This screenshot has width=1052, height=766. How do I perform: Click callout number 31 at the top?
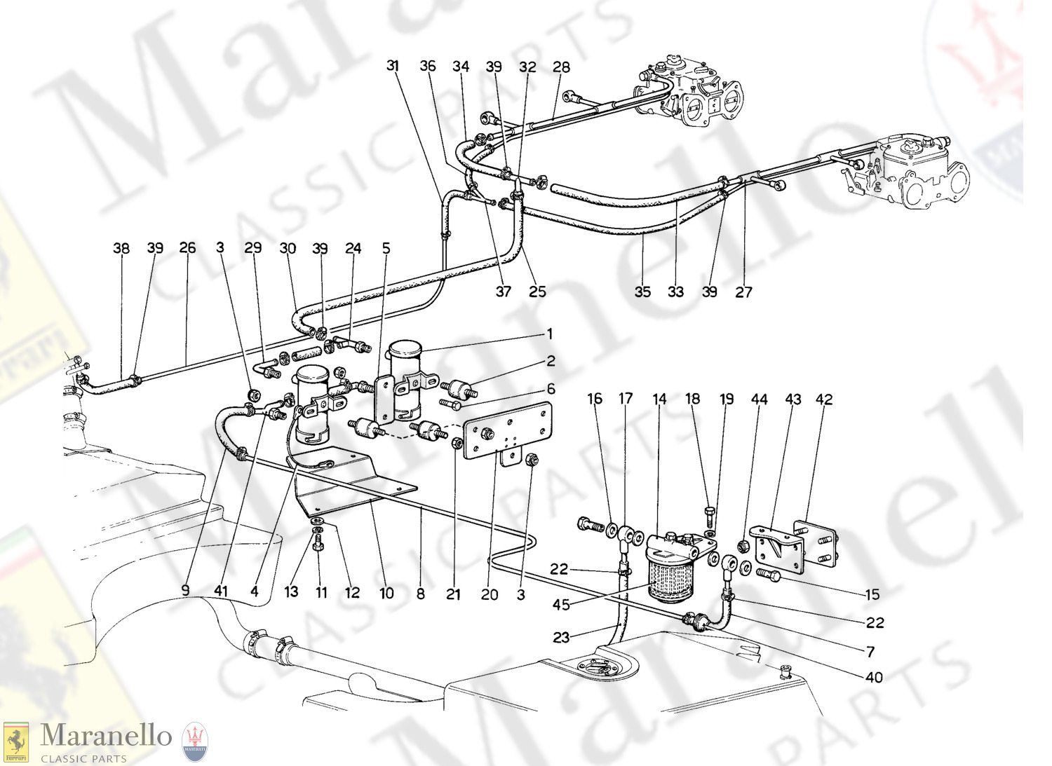(393, 66)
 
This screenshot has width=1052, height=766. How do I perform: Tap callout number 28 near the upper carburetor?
(561, 67)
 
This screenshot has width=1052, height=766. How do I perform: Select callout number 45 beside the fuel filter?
(561, 605)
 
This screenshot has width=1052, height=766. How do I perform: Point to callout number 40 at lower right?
(874, 677)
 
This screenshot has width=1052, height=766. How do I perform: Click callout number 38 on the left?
(121, 248)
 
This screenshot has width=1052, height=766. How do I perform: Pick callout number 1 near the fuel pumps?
(550, 334)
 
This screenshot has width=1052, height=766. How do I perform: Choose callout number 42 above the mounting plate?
(824, 399)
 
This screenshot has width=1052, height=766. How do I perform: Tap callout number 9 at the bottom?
(186, 591)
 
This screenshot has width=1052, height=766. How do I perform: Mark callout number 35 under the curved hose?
(642, 292)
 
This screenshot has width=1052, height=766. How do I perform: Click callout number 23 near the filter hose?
(561, 637)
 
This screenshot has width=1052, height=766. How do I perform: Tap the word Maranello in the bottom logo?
(106, 735)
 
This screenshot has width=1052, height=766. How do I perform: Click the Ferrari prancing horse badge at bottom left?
(16, 741)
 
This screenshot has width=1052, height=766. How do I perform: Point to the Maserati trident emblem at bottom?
(194, 742)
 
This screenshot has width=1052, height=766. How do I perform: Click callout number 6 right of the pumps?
(551, 389)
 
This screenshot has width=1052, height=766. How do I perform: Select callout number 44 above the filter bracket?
(759, 399)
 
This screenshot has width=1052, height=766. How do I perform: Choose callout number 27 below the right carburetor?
(743, 292)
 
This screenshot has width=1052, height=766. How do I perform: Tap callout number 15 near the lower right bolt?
(872, 595)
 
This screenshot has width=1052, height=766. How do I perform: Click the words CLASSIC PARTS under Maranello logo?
(83, 758)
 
